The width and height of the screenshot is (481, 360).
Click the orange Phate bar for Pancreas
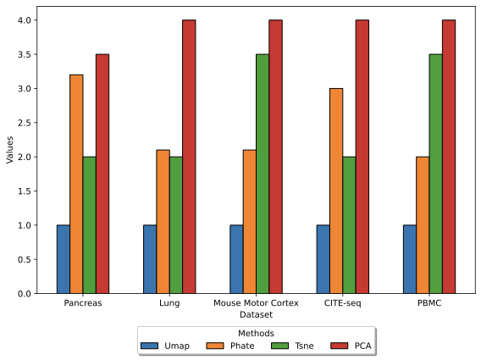pos(76,184)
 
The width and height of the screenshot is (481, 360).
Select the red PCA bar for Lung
pos(189,157)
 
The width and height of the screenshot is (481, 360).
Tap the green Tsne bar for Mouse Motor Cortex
pos(263,174)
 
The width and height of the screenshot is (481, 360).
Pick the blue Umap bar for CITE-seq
pos(323,259)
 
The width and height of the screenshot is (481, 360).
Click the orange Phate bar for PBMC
pos(423,225)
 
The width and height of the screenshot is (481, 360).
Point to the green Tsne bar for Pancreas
pos(89,225)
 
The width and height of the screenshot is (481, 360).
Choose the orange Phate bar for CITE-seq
pos(336,191)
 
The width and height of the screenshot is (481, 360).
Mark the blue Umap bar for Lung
pos(150,259)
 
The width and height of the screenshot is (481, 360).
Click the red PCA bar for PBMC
pos(449,157)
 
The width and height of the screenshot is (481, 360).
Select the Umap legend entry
pos(165,346)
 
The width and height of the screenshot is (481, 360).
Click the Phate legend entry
pos(230,346)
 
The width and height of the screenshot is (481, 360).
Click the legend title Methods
pos(256,334)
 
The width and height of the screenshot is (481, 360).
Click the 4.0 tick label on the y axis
pos(30,20)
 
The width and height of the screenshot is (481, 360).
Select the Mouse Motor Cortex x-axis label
pos(256,303)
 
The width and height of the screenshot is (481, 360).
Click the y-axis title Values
pos(10,150)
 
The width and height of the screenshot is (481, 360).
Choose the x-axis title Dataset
pos(256,314)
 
